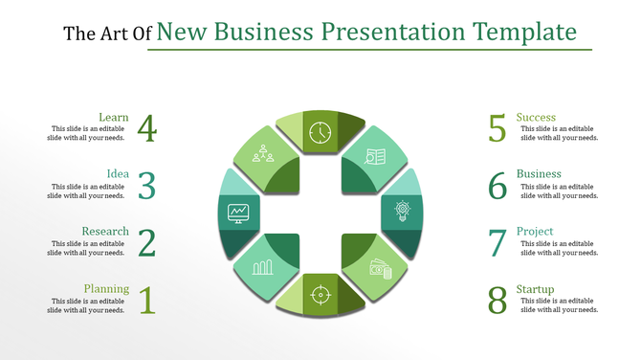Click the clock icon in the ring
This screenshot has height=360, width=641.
tap(320, 130)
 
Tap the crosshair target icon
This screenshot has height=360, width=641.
tap(320, 294)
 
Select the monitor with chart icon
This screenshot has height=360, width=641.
tap(238, 212)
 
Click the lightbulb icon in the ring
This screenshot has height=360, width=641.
tap(402, 211)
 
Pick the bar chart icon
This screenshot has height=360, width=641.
tap(263, 265)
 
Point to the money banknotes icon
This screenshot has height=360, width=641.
tap(380, 269)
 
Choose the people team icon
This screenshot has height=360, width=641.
tap(262, 153)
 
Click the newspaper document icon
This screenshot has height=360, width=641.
tap(376, 156)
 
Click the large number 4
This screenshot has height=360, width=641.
tap(146, 127)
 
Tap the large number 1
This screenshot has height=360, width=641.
tap(146, 301)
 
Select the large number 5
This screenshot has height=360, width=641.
tap(497, 128)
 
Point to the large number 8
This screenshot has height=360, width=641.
tap(497, 301)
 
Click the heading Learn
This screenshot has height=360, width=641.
tap(114, 118)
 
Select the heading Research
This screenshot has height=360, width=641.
tap(105, 232)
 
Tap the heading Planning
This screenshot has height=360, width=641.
tap(106, 289)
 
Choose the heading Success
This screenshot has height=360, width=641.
tap(536, 118)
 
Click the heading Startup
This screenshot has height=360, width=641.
tap(535, 289)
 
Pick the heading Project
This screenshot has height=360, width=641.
tap(534, 232)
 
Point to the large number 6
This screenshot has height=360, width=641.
tap(497, 186)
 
